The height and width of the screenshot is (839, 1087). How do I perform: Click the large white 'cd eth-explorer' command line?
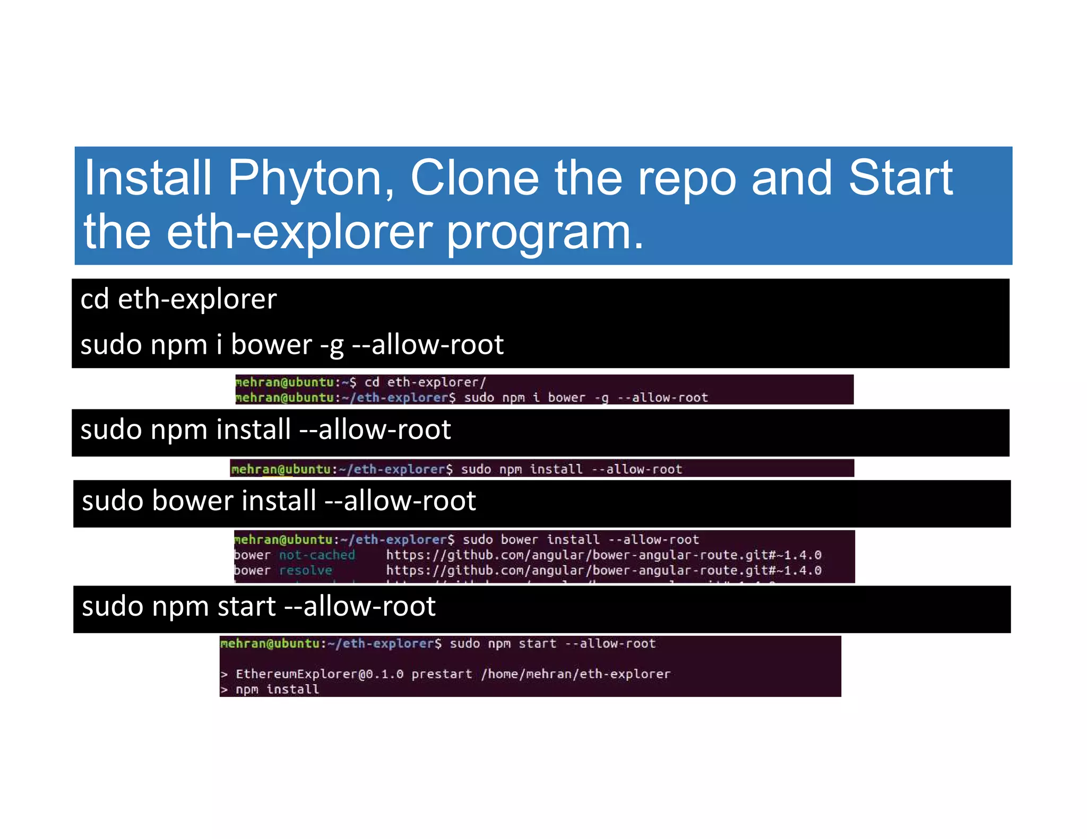178,299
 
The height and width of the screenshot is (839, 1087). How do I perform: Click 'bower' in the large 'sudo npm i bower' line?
271,345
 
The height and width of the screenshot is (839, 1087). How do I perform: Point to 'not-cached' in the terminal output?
317,555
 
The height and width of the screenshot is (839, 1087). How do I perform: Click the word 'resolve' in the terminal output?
306,571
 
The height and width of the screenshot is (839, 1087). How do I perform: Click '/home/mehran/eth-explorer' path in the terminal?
575,674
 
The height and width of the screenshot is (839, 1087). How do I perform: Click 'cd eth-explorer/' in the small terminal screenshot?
425,382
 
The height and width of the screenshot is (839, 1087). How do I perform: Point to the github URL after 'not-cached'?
603,555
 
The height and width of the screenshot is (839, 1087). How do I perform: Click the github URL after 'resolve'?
603,571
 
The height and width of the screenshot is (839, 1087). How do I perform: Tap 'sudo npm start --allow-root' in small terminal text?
553,644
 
